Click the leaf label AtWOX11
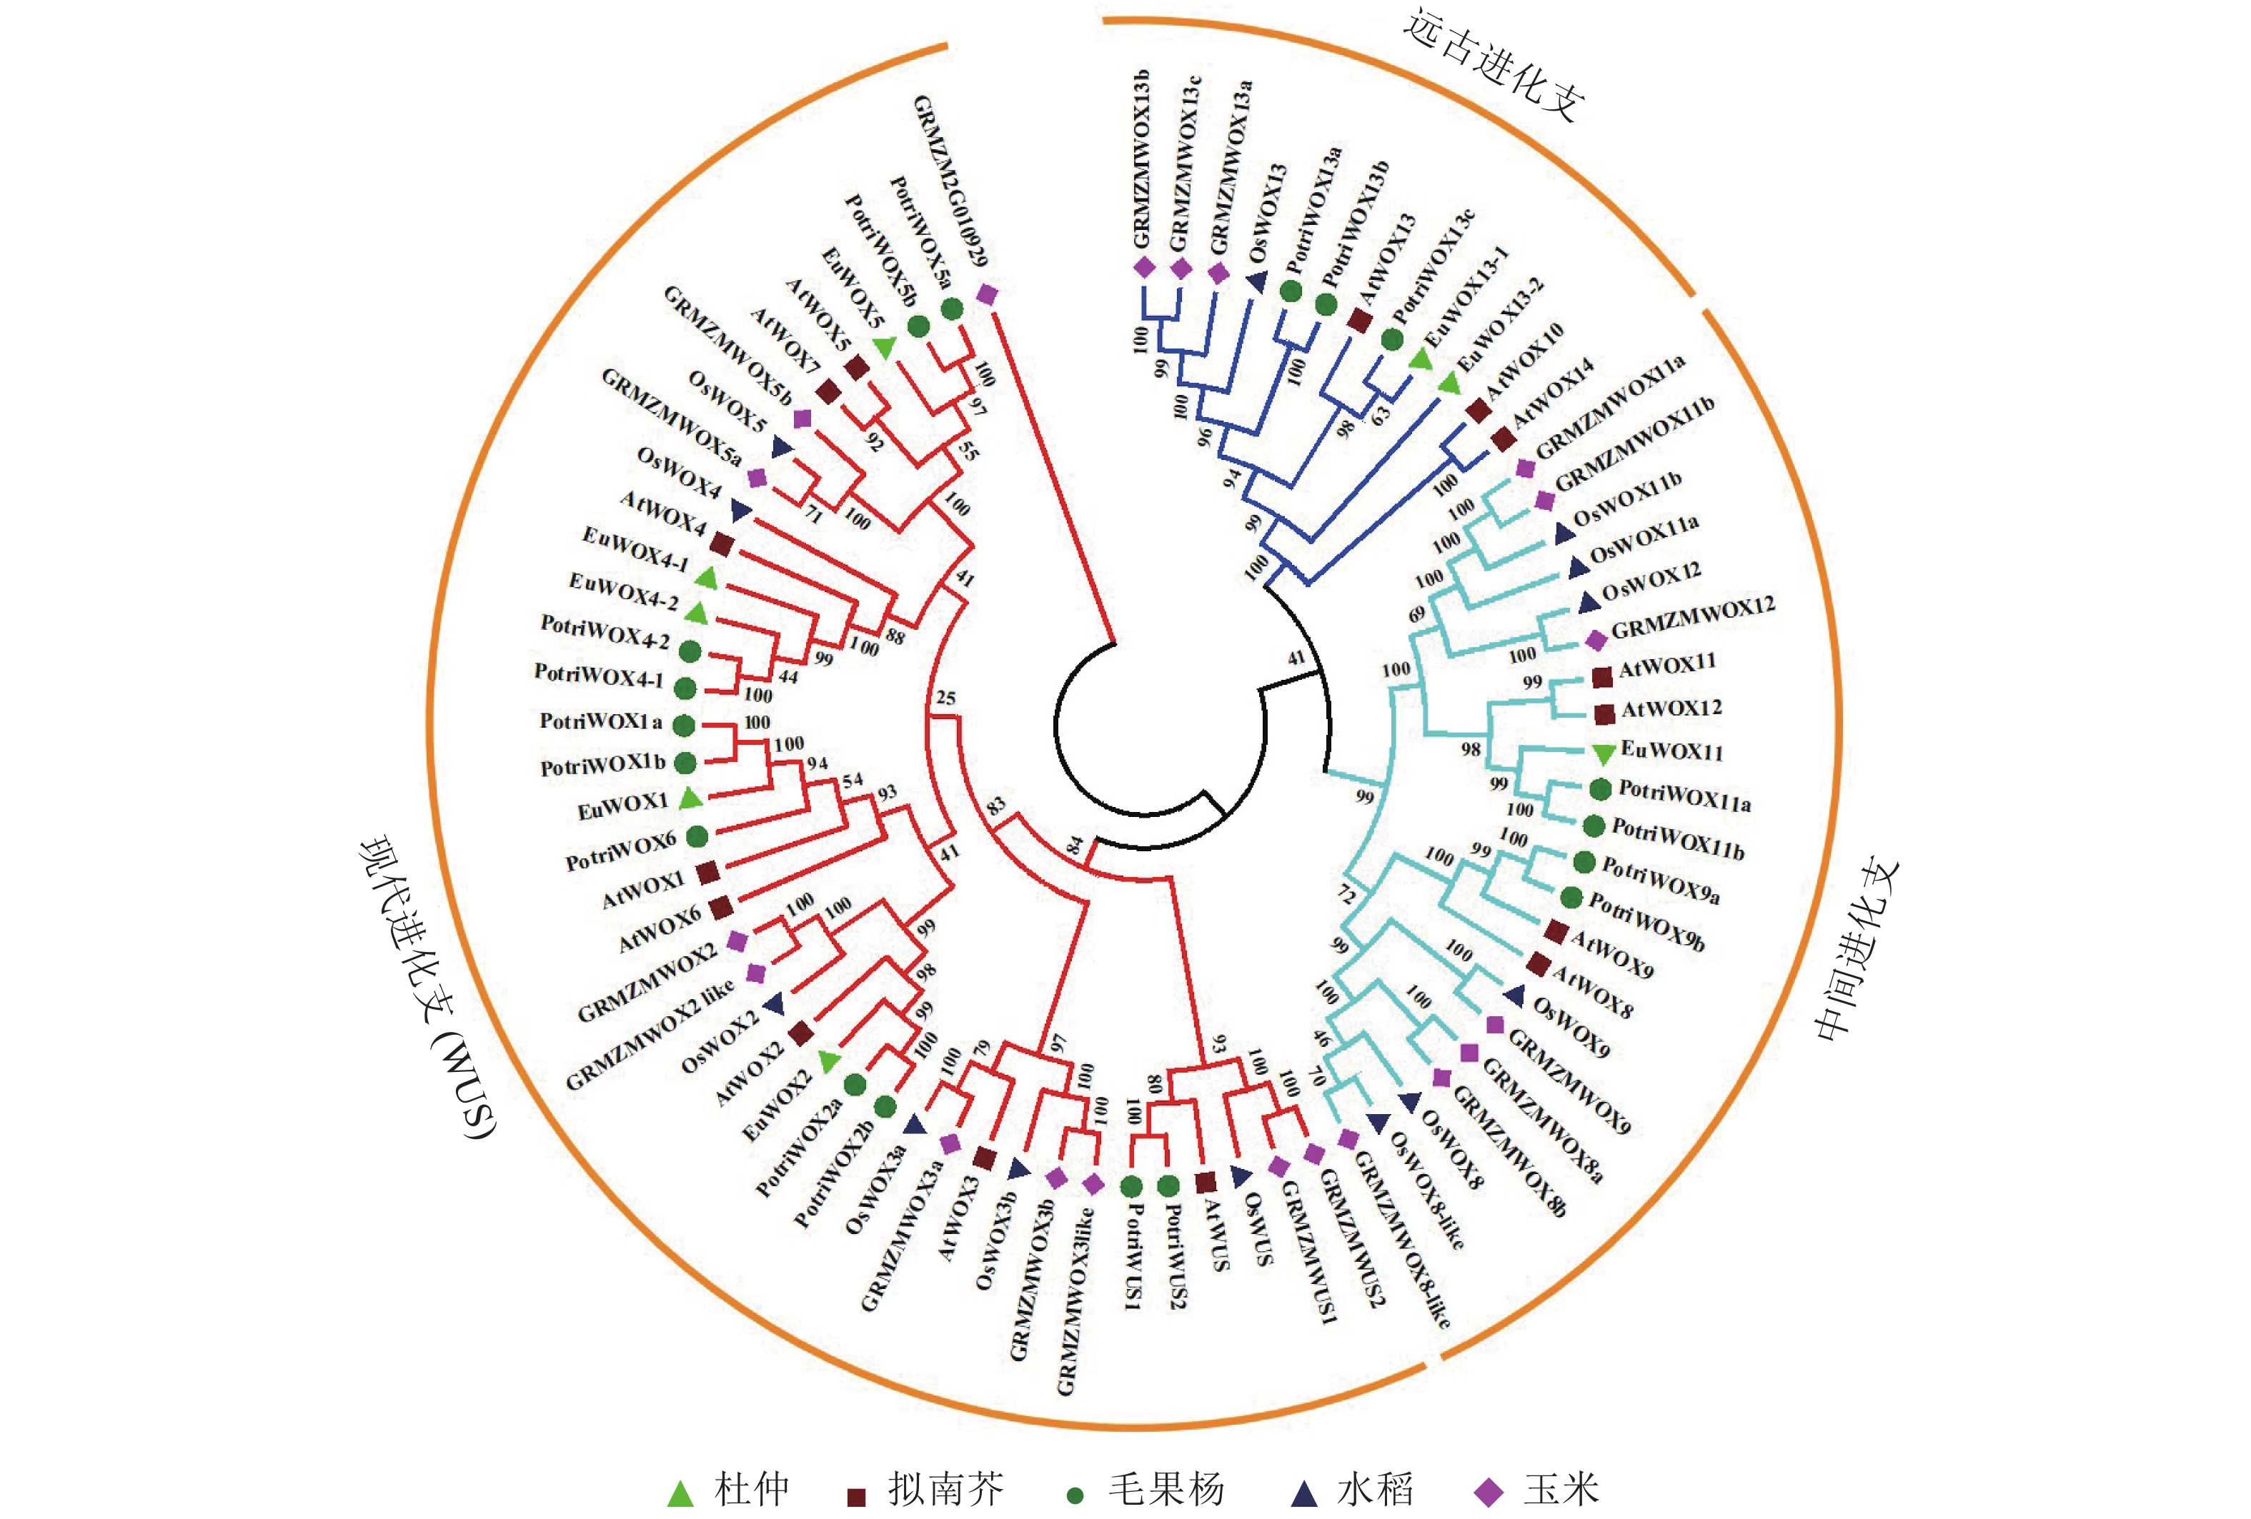point(1668,665)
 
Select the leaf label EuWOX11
point(1671,751)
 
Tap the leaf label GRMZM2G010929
point(950,181)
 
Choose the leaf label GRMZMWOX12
point(1693,618)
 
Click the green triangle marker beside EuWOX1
point(690,798)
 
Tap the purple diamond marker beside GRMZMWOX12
point(1595,640)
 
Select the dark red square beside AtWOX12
point(1604,713)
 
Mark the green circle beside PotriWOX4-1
point(685,688)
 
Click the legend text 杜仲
point(752,1489)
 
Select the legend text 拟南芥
point(946,1489)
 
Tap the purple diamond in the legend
point(1488,1493)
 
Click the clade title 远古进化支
point(1494,64)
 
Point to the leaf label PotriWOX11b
point(1679,839)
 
